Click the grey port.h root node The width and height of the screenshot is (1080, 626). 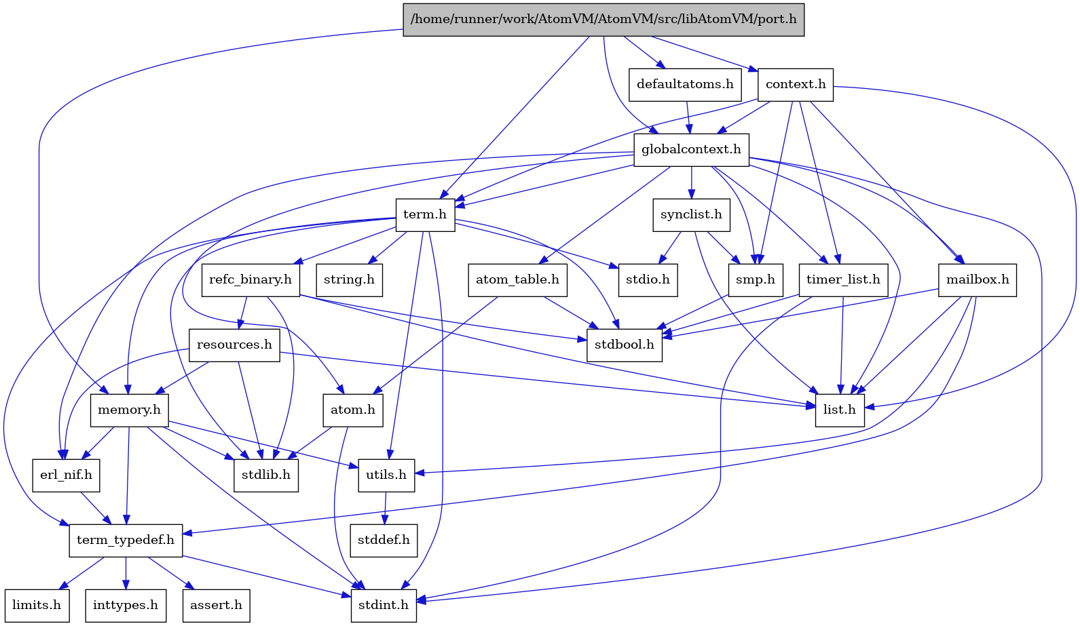[x=603, y=19]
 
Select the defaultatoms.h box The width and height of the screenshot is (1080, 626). [x=685, y=84]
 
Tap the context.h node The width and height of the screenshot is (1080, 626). [x=796, y=84]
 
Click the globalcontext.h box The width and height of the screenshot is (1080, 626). [x=691, y=149]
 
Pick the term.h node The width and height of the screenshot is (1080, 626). [x=425, y=214]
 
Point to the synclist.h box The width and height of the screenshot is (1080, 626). [x=691, y=214]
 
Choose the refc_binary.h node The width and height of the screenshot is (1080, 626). [x=250, y=279]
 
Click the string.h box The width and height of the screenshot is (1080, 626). [x=349, y=279]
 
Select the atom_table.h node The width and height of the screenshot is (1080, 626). [x=517, y=279]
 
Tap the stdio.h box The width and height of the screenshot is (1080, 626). [x=648, y=279]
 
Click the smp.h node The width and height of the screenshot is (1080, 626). [x=756, y=279]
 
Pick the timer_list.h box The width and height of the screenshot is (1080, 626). [x=843, y=279]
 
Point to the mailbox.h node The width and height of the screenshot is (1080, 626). [x=977, y=279]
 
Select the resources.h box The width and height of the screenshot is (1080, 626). [x=234, y=345]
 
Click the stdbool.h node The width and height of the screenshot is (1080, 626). [x=624, y=345]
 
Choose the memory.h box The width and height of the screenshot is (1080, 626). [x=129, y=410]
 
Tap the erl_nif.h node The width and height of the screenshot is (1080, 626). [x=66, y=475]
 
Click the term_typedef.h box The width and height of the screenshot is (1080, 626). [x=126, y=540]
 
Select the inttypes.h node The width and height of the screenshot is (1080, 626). [x=126, y=605]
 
